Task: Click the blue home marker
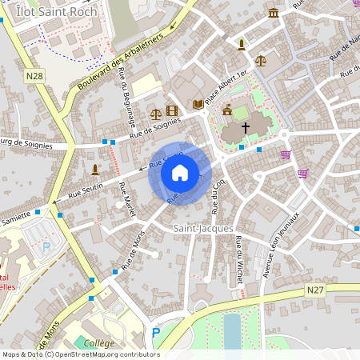pos(179,173)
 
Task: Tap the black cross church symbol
pos(246,127)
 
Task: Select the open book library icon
pos(198,104)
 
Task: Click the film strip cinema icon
pos(171,110)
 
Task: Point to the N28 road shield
pos(34,76)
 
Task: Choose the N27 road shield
pos(316,293)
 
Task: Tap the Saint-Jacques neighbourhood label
pos(203,229)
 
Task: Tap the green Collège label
pos(99,342)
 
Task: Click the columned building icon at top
pos(274,13)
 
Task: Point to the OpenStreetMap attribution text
pos(80,354)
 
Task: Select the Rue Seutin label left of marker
pos(86,190)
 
